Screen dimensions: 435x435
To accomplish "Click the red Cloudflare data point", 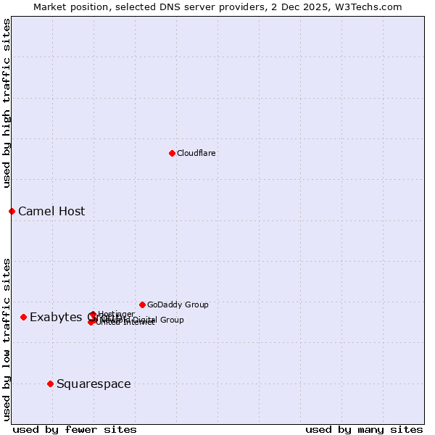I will click(x=172, y=153).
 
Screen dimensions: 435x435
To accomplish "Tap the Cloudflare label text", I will click(x=196, y=153).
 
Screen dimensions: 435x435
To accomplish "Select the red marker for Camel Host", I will click(x=12, y=211).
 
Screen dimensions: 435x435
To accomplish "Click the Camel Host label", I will click(x=51, y=212).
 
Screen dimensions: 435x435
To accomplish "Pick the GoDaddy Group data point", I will click(x=142, y=304).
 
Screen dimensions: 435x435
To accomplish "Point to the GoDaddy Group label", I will click(x=178, y=304).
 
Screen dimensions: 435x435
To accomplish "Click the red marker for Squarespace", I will click(x=50, y=384).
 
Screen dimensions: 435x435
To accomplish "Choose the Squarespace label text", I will click(x=94, y=384).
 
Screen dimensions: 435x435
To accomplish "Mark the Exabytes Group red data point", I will click(x=23, y=317).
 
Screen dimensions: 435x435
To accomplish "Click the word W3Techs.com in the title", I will click(x=372, y=7).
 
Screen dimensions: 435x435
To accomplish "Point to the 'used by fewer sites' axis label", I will click(x=75, y=429).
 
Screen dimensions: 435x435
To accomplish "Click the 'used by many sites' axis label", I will click(x=364, y=429).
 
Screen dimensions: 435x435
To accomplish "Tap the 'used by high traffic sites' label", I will click(x=7, y=104).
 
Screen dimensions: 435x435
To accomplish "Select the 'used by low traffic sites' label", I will click(x=7, y=339).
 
